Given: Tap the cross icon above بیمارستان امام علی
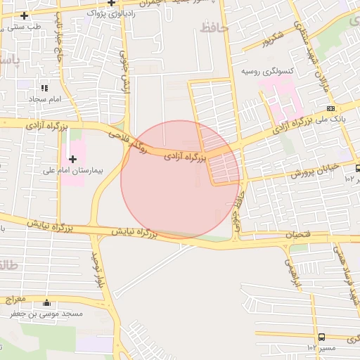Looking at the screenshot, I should pyautogui.click(x=72, y=159).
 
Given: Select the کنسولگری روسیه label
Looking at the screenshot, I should pyautogui.click(x=268, y=72).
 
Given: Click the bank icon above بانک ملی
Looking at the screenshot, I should pyautogui.click(x=330, y=108).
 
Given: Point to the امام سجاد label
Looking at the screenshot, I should pyautogui.click(x=46, y=99).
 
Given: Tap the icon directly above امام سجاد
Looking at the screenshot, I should pyautogui.click(x=44, y=89).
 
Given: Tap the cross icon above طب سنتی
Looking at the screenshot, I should pyautogui.click(x=25, y=15).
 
